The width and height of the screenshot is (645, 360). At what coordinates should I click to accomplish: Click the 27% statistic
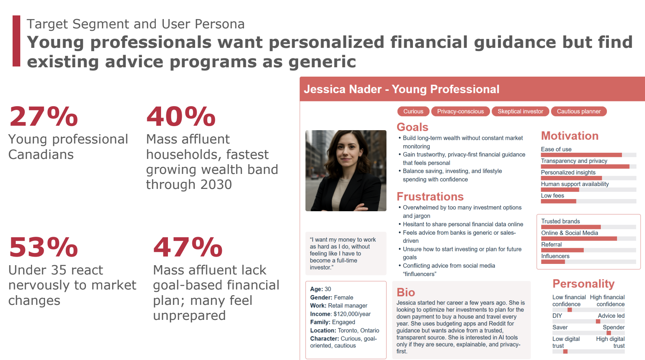click(x=43, y=116)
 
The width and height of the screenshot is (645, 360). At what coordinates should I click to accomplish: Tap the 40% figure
click(x=181, y=116)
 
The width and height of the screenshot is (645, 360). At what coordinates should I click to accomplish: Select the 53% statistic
click(x=43, y=247)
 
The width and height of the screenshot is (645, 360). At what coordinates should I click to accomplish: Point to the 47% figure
click(x=188, y=247)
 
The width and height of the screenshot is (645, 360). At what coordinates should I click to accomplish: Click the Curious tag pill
click(x=413, y=111)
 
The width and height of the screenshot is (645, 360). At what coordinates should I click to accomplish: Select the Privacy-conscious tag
click(x=460, y=111)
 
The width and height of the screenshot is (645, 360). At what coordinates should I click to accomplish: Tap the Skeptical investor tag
click(x=520, y=111)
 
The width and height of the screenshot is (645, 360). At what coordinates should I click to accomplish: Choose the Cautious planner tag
click(x=579, y=111)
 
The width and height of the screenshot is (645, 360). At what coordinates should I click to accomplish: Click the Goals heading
click(x=412, y=127)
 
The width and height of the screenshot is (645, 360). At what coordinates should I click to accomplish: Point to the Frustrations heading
click(x=430, y=197)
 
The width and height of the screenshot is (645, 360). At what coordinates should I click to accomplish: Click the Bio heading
click(x=406, y=292)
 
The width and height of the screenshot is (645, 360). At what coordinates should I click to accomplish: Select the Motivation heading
click(x=570, y=136)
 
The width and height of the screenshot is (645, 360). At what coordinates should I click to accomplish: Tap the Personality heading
click(x=583, y=284)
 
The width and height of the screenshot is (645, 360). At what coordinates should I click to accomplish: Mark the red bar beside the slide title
click(x=16, y=41)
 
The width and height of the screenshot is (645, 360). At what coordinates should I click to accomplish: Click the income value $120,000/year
click(x=352, y=314)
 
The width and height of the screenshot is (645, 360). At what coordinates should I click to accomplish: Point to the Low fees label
click(x=552, y=196)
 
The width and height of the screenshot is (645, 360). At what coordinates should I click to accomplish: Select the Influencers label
click(x=555, y=256)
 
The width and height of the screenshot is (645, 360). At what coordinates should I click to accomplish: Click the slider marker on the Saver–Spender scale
click(x=609, y=333)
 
